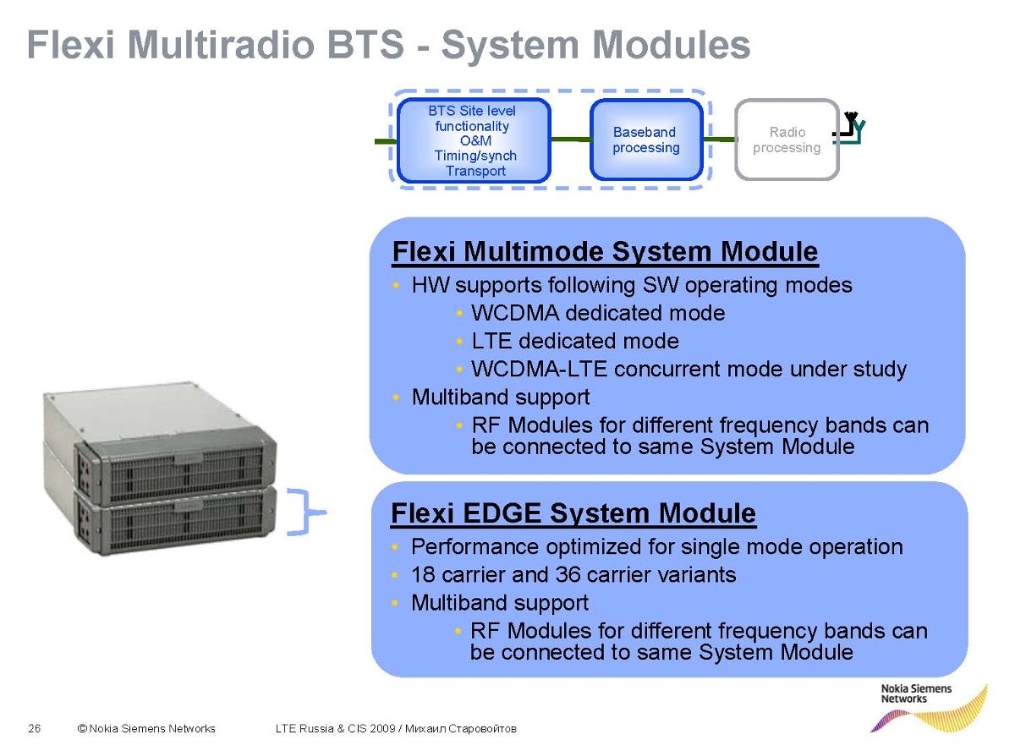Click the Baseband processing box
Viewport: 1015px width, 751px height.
(x=645, y=140)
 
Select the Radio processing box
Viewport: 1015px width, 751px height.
(x=787, y=140)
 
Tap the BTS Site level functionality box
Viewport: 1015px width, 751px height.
(x=474, y=140)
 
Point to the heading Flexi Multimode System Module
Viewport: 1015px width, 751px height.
(x=605, y=251)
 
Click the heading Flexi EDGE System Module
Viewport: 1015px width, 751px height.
(x=573, y=513)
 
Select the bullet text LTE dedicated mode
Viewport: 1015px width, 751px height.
(x=575, y=341)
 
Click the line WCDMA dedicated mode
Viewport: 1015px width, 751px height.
(x=598, y=313)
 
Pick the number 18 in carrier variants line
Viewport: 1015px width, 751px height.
(x=423, y=574)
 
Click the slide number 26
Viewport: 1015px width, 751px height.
(x=35, y=728)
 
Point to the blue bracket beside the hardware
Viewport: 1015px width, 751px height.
(x=305, y=512)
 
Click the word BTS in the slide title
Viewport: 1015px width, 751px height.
(x=365, y=44)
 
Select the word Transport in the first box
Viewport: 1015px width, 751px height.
(x=475, y=171)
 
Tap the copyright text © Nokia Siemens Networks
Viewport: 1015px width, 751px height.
(x=146, y=728)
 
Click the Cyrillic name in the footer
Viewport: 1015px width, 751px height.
(x=460, y=728)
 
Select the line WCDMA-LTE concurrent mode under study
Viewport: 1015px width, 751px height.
(x=689, y=370)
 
